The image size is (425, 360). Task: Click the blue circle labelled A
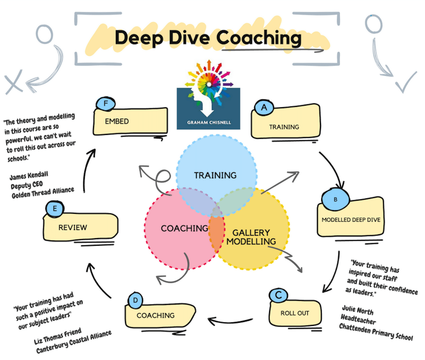click(263, 108)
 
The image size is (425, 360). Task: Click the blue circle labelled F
click(106, 104)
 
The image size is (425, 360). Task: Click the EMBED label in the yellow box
click(117, 122)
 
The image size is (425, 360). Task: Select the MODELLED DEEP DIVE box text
click(351, 220)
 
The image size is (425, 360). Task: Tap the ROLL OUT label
click(295, 313)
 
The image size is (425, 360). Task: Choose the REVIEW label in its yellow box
click(73, 227)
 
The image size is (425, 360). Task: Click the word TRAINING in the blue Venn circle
click(215, 175)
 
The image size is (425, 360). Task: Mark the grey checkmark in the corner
click(405, 83)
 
